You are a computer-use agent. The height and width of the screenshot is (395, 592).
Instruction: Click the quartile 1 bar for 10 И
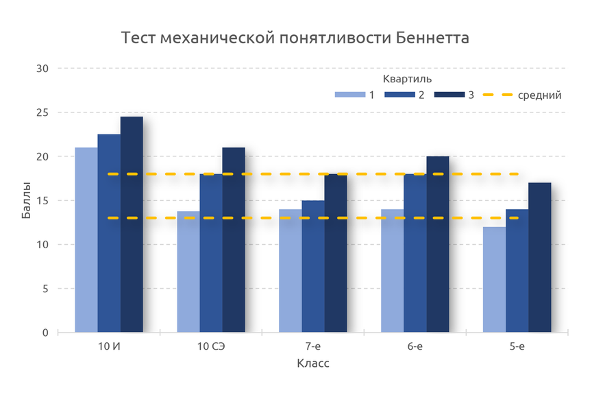(86, 240)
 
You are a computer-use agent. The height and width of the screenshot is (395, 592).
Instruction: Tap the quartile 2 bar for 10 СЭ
(210, 253)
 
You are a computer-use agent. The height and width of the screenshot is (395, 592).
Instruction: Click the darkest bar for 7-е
(336, 253)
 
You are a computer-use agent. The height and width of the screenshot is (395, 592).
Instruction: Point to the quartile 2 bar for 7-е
(313, 267)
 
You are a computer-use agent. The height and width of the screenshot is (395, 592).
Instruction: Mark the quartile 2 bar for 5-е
(517, 271)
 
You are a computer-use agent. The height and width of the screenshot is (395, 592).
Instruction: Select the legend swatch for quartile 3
(449, 95)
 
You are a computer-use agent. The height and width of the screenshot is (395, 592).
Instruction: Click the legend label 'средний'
(540, 95)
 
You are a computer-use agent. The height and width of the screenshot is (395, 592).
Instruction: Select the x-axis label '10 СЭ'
(211, 346)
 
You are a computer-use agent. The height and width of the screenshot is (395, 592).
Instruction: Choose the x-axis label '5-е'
(517, 346)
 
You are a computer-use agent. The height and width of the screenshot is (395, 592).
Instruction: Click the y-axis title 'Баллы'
(25, 201)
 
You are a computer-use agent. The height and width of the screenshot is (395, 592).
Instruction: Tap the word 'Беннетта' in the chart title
(433, 38)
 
